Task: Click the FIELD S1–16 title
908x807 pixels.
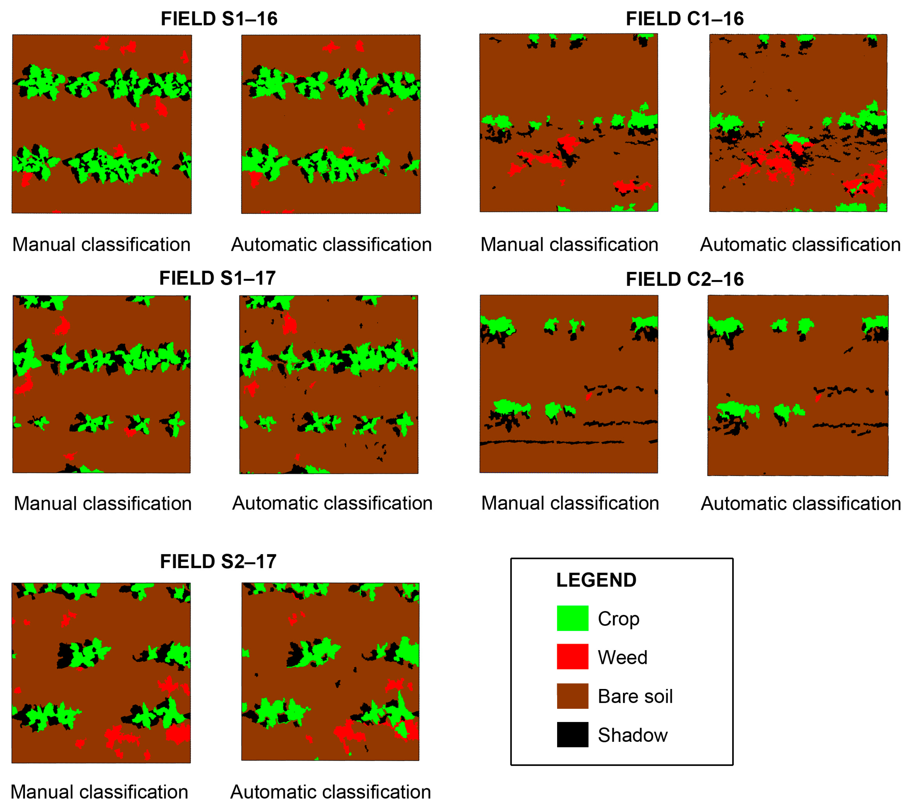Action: pos(219,19)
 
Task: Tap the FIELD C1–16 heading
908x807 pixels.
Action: pos(685,19)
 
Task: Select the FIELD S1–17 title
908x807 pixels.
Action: pos(217,278)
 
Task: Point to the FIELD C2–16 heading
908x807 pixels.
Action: pos(685,279)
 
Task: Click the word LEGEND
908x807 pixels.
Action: pos(596,580)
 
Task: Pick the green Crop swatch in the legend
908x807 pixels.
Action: pos(573,618)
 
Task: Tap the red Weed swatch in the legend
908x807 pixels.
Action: pos(573,657)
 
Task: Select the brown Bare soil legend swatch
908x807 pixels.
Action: pos(573,696)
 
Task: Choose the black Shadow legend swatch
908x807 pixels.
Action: pos(573,735)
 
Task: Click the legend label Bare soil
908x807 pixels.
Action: pos(635,696)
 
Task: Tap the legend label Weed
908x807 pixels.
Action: pos(622,658)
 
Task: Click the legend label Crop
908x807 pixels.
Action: pos(619,619)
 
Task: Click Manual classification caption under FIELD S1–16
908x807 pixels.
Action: pos(101,244)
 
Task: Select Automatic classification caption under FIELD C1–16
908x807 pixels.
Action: pos(800,244)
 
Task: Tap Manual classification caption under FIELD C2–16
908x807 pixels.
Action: pos(570,503)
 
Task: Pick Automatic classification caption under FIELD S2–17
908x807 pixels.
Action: pos(331,792)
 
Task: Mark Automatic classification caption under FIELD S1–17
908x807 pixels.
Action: pos(332,503)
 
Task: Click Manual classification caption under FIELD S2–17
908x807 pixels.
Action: pos(99,792)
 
